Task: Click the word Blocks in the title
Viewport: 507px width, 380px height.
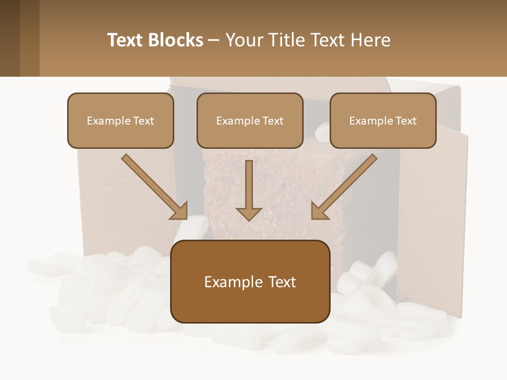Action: click(x=175, y=40)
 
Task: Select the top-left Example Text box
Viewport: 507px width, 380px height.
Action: click(x=120, y=120)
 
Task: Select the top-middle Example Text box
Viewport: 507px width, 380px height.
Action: click(x=250, y=120)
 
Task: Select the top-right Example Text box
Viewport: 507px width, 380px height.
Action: click(x=383, y=120)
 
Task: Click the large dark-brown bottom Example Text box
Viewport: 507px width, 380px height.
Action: click(x=250, y=281)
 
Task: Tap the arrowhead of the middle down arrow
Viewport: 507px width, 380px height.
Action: click(x=249, y=213)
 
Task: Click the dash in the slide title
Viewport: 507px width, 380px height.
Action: click(x=214, y=41)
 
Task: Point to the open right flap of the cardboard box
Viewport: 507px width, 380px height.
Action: click(x=433, y=222)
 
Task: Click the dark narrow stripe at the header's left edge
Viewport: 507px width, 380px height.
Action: click(x=10, y=38)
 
